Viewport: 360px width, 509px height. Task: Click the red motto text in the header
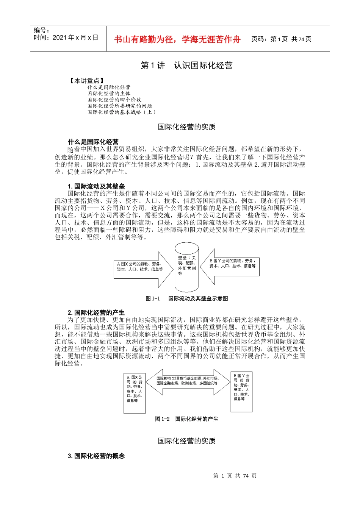177,39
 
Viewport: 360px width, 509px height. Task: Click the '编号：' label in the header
42,30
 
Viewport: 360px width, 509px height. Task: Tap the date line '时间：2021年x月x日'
66,37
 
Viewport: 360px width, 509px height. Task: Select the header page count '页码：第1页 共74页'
281,39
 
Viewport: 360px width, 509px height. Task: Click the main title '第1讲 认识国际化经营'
186,66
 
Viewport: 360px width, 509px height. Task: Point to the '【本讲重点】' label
87,81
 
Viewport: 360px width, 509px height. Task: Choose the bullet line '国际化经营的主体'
109,94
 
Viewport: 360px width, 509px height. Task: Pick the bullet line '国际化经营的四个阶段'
114,100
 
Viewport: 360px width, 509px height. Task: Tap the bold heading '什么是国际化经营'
93,142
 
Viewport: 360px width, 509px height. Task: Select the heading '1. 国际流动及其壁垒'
96,186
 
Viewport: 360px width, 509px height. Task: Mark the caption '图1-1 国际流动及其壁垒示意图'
187,298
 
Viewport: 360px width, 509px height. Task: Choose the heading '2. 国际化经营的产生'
96,312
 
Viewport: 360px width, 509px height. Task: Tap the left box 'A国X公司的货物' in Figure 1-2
135,393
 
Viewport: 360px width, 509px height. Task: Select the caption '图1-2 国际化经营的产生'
187,419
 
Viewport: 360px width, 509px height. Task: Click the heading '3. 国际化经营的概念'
96,456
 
